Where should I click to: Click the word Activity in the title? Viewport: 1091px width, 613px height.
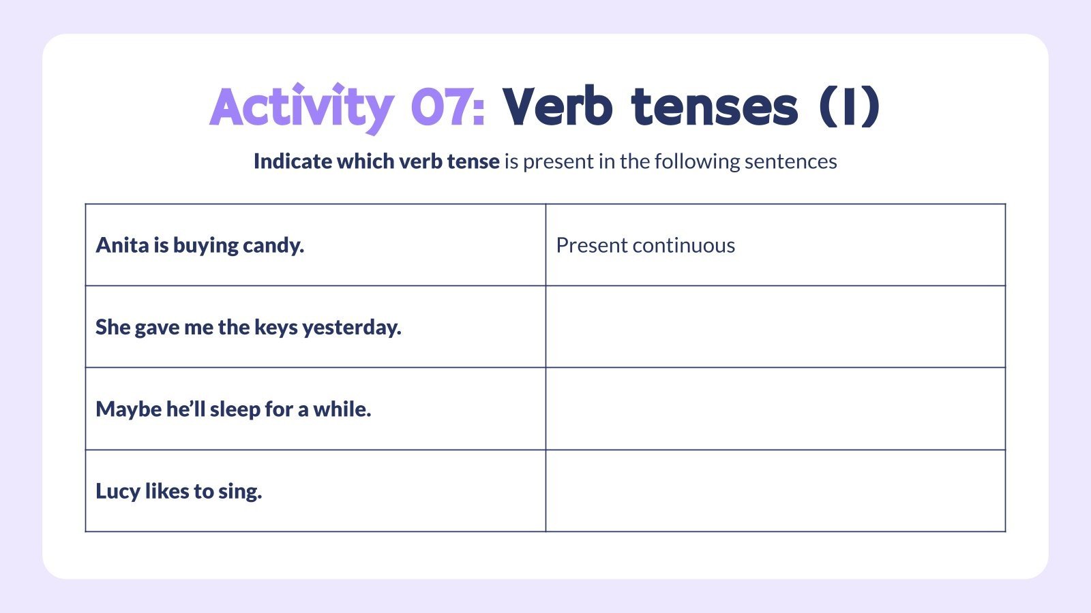click(x=301, y=108)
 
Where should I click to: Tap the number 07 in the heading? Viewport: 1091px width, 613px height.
click(x=447, y=108)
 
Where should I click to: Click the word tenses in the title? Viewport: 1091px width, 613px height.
click(x=714, y=108)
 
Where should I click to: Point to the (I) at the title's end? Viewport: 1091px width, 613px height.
click(x=849, y=108)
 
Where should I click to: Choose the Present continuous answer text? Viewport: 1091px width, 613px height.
click(x=645, y=245)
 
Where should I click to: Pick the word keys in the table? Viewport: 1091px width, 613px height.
click(x=276, y=328)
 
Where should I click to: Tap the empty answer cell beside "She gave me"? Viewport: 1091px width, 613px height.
click(x=775, y=327)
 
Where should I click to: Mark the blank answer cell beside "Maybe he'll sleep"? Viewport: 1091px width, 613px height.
click(x=775, y=409)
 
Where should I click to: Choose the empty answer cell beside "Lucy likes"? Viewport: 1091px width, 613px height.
click(x=775, y=490)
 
